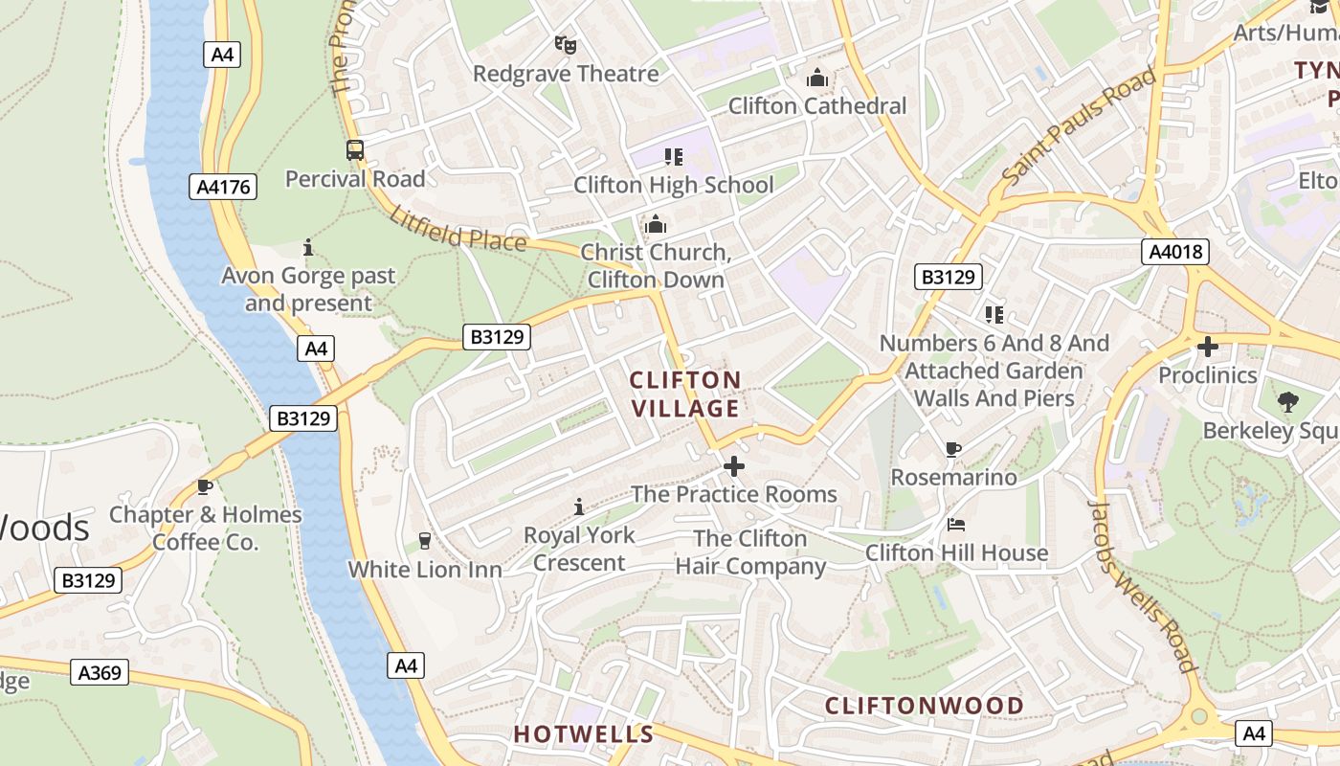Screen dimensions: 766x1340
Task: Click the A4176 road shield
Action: click(223, 187)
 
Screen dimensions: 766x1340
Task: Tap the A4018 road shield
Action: click(1175, 252)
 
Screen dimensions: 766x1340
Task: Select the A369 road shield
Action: click(100, 672)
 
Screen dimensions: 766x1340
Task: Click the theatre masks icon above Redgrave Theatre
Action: click(566, 44)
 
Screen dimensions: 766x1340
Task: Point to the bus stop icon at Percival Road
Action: click(354, 149)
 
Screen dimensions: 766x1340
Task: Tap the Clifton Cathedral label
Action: click(816, 105)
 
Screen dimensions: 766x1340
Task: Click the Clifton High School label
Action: click(673, 185)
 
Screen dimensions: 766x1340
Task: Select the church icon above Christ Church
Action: click(656, 225)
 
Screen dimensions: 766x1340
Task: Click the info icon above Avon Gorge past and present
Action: click(308, 248)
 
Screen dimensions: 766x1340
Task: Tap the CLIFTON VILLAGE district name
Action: click(685, 394)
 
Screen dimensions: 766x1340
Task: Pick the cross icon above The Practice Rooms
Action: click(734, 466)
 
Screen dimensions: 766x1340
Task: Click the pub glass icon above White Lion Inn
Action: click(425, 541)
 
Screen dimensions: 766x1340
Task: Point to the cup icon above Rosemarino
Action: click(952, 449)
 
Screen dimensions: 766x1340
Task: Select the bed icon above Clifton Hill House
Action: click(956, 525)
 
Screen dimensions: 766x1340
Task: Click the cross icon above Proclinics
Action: click(1208, 347)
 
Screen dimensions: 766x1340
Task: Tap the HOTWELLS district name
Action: click(583, 734)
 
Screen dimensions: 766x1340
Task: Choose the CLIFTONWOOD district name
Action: click(925, 706)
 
